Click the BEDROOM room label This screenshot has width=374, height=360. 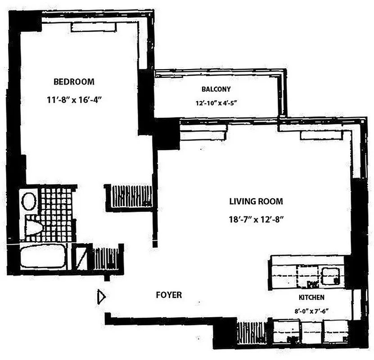click(x=74, y=82)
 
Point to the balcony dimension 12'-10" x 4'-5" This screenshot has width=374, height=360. click(x=216, y=103)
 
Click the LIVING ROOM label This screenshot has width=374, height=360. click(x=256, y=202)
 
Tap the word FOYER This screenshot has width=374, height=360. click(x=169, y=295)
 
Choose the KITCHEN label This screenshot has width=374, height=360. click(x=312, y=297)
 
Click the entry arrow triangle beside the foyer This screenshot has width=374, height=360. click(x=101, y=297)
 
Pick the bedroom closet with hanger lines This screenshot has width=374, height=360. click(x=131, y=196)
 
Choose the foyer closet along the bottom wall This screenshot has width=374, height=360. click(x=252, y=333)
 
